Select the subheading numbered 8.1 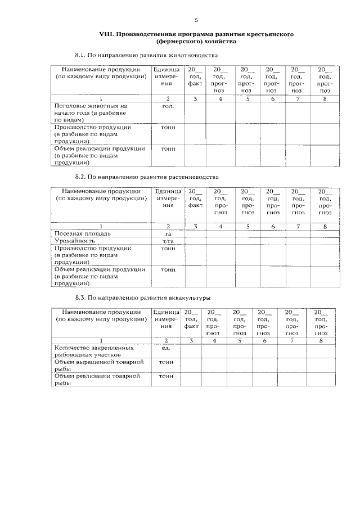pos(146,55)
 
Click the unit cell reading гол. pos(167,106)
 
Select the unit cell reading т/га pos(167,241)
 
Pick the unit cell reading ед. pos(166,348)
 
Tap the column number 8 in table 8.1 pos(324,100)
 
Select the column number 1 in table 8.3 pos(101,341)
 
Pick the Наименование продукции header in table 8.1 pos(101,73)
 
